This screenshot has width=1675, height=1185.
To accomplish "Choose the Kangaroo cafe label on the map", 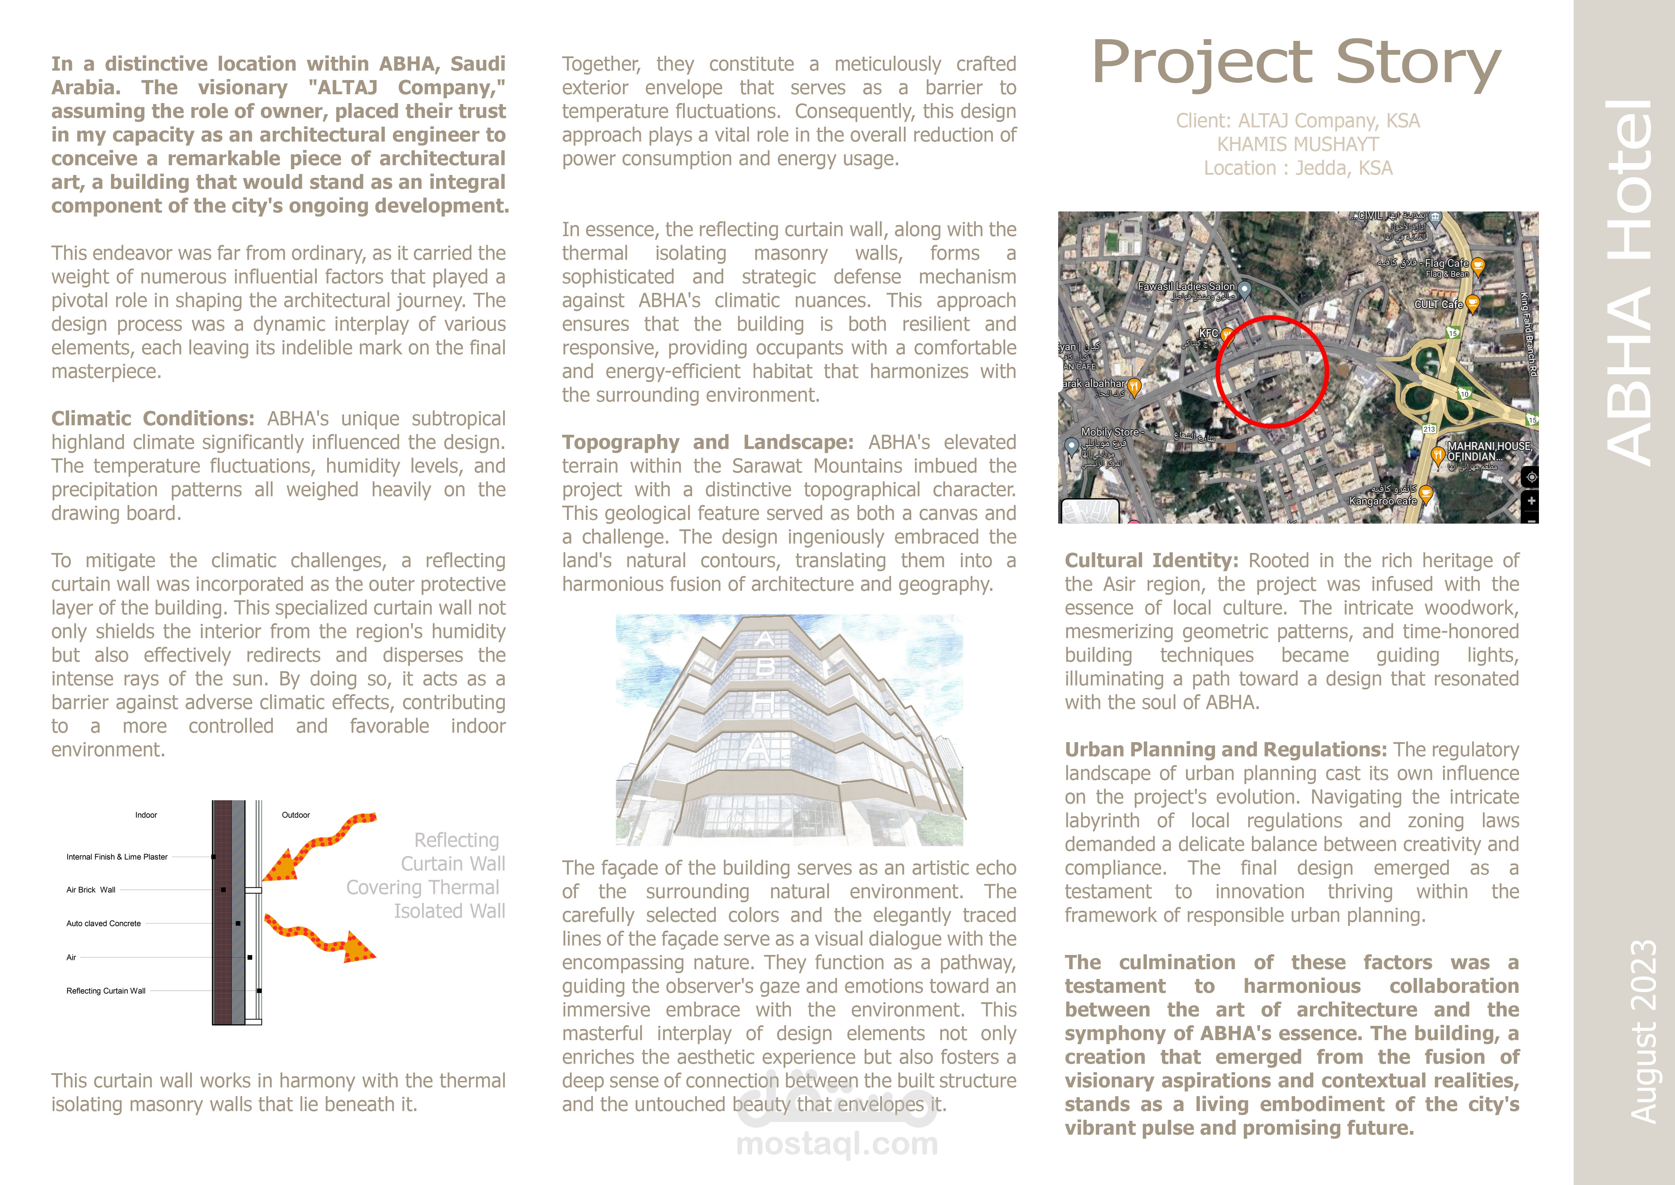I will [x=1383, y=501].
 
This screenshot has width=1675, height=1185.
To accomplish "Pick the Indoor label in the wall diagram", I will [x=146, y=815].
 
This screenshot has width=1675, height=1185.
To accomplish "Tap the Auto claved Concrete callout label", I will [x=104, y=924].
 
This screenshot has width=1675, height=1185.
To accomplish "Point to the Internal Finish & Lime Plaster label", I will [x=117, y=857].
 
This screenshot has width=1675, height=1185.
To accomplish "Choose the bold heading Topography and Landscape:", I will [x=707, y=442].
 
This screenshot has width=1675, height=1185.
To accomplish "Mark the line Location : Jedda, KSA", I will [x=1298, y=169].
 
